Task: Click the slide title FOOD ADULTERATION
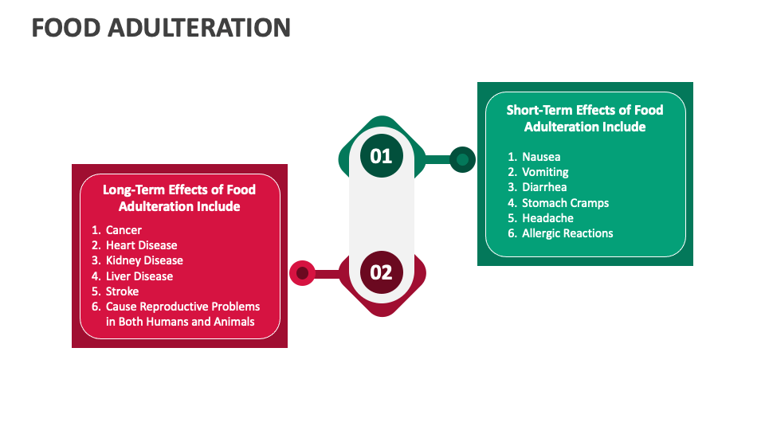click(x=161, y=28)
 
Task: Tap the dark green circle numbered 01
click(x=382, y=155)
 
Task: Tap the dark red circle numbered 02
click(x=382, y=272)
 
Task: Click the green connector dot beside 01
click(x=461, y=159)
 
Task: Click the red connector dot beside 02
click(x=302, y=273)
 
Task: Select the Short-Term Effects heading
click(x=585, y=118)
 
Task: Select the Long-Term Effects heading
click(x=179, y=197)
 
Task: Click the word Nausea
click(x=541, y=157)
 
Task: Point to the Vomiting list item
click(x=545, y=172)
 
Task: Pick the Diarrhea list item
click(x=544, y=187)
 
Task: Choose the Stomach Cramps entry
click(x=565, y=203)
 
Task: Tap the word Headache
click(x=547, y=218)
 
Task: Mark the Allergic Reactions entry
click(x=567, y=233)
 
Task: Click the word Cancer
click(x=124, y=230)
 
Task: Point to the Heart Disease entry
click(x=141, y=245)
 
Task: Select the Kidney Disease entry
click(x=144, y=260)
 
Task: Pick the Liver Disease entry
click(x=139, y=276)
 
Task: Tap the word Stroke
click(x=122, y=291)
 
